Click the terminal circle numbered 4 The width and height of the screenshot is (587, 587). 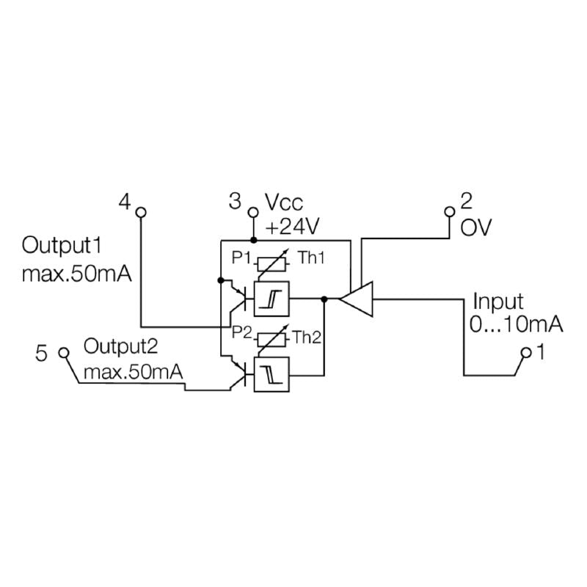pyautogui.click(x=142, y=212)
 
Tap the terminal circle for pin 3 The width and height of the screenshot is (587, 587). pyautogui.click(x=253, y=212)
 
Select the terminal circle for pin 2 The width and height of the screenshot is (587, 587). pyautogui.click(x=451, y=212)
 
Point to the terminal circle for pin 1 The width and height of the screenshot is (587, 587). pyautogui.click(x=525, y=354)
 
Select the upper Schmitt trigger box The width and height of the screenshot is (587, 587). pyautogui.click(x=271, y=299)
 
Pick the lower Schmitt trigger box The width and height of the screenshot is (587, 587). pyautogui.click(x=271, y=373)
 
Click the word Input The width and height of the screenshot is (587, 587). pyautogui.click(x=497, y=302)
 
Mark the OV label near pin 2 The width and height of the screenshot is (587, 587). pyautogui.click(x=475, y=227)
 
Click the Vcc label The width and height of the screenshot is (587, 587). pyautogui.click(x=283, y=203)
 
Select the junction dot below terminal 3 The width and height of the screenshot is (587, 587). pyautogui.click(x=253, y=240)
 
